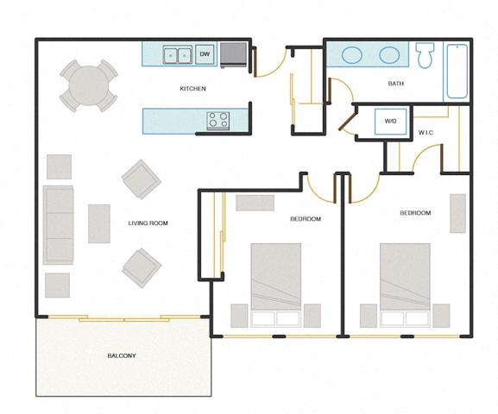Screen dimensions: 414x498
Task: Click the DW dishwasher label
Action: [205, 55]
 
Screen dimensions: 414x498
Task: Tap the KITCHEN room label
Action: [192, 89]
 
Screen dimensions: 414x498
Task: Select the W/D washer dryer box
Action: [390, 122]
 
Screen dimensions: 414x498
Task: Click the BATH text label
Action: [396, 84]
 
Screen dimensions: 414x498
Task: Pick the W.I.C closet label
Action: [426, 132]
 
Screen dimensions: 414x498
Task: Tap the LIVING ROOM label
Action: [148, 223]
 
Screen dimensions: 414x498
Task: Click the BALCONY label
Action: [122, 355]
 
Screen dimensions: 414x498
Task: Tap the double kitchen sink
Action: [179, 55]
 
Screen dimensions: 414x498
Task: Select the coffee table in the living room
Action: [99, 223]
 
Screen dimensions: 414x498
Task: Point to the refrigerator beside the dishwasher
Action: [233, 55]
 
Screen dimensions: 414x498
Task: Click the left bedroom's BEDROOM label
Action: [305, 219]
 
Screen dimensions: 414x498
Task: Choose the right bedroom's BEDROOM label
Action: [415, 213]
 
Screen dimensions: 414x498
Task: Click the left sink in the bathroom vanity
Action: [352, 55]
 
